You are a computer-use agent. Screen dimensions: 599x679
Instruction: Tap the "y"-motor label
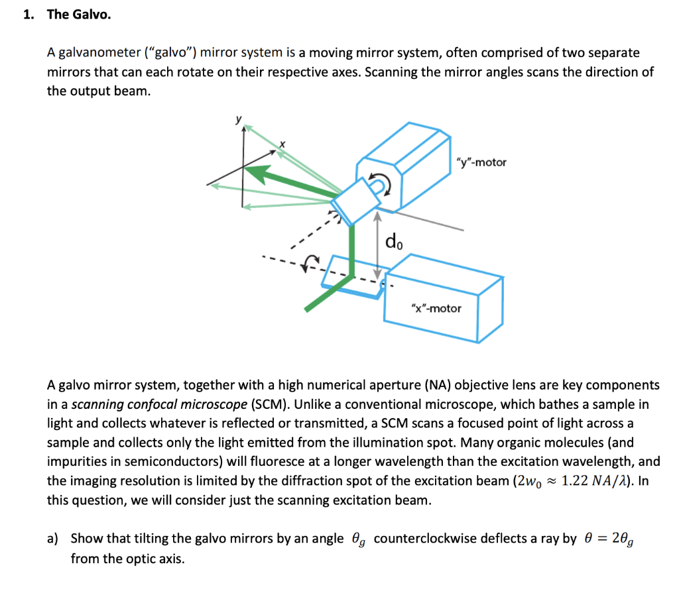[x=481, y=162]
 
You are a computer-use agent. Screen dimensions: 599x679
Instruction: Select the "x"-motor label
[x=436, y=308]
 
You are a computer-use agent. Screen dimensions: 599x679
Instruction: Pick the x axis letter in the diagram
[x=282, y=143]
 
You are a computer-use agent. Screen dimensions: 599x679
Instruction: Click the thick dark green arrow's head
[x=259, y=174]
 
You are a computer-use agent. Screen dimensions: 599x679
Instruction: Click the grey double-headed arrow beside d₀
[x=378, y=246]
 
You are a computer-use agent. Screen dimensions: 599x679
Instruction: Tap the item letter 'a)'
[x=53, y=538]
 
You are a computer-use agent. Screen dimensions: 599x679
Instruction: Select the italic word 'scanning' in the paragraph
[x=95, y=404]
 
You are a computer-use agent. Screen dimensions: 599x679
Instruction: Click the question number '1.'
[x=28, y=14]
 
